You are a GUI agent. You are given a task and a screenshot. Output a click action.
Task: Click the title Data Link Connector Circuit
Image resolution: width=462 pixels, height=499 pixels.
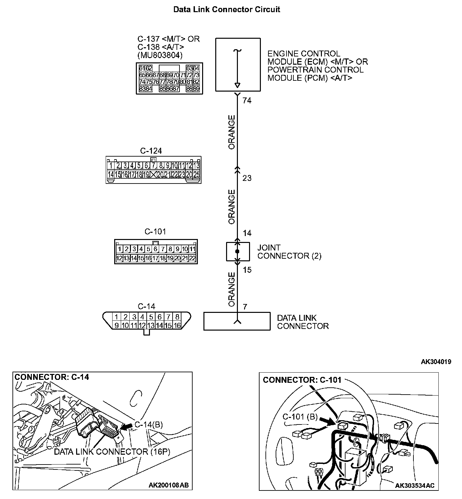pyautogui.click(x=226, y=9)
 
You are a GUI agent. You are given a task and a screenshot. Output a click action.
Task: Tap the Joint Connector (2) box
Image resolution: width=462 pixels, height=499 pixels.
pyautogui.click(x=238, y=252)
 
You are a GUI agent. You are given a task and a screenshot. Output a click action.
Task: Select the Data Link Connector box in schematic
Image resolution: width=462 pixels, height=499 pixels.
pyautogui.click(x=237, y=321)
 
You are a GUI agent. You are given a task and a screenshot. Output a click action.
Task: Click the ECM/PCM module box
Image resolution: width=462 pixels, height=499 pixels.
pyautogui.click(x=238, y=65)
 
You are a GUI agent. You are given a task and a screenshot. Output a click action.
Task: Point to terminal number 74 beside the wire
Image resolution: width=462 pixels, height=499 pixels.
pyautogui.click(x=247, y=101)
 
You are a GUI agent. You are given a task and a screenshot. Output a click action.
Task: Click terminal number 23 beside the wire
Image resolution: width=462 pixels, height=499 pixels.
pyautogui.click(x=247, y=178)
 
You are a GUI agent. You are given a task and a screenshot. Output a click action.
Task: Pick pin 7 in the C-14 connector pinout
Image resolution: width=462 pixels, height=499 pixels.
pyautogui.click(x=168, y=317)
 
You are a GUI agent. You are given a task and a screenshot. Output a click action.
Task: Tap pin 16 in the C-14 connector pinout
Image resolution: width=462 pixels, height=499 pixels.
pyautogui.click(x=177, y=325)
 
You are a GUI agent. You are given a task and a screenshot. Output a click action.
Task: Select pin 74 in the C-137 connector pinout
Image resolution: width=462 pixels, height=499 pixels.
pyautogui.click(x=142, y=81)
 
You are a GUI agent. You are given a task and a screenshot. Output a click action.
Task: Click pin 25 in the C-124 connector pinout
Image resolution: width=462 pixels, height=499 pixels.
pyautogui.click(x=196, y=175)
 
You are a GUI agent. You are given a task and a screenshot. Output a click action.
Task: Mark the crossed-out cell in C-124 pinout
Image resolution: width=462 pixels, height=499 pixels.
pyautogui.click(x=153, y=175)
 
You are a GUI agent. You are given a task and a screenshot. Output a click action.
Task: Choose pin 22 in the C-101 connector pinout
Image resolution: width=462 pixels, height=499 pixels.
pyautogui.click(x=192, y=258)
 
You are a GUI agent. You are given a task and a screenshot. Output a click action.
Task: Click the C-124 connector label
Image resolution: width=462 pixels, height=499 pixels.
pyautogui.click(x=151, y=151)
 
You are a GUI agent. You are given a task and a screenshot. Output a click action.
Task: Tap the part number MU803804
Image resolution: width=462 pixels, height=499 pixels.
pyautogui.click(x=160, y=55)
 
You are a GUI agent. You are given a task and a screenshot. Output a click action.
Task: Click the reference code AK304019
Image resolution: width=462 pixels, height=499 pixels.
pyautogui.click(x=436, y=362)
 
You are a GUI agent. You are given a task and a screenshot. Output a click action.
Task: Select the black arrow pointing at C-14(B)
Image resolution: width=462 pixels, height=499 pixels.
pyautogui.click(x=126, y=426)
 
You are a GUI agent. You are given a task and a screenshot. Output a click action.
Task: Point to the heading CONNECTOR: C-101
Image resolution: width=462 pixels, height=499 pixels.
pyautogui.click(x=302, y=380)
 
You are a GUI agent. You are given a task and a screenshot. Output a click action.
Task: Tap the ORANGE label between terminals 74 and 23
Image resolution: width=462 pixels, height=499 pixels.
pyautogui.click(x=232, y=132)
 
